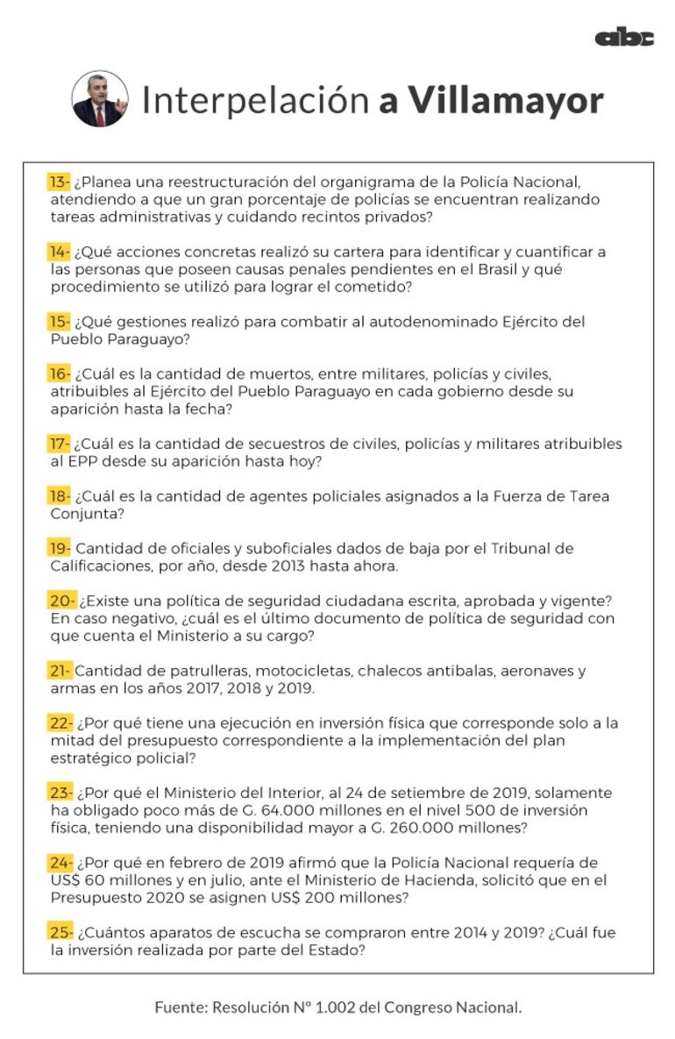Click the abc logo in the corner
click(624, 37)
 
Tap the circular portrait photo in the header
click(100, 99)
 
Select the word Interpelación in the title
click(255, 101)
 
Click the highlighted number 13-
click(59, 182)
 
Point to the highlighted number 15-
click(59, 322)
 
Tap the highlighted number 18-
click(59, 496)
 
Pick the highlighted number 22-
click(60, 723)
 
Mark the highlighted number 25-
click(60, 932)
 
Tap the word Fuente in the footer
click(180, 1007)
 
